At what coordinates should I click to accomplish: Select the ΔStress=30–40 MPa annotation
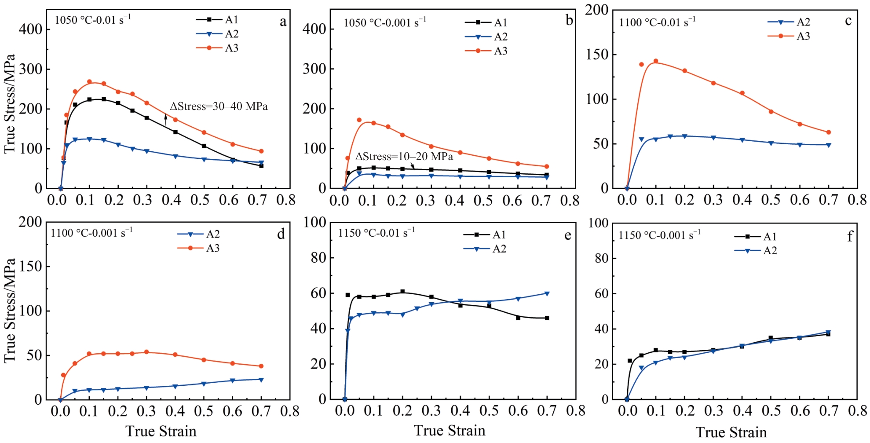[x=219, y=106]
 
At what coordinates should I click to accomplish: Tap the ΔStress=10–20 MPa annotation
[x=404, y=157]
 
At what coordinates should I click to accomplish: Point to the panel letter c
[x=848, y=21]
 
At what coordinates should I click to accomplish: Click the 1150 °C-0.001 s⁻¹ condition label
[x=659, y=235]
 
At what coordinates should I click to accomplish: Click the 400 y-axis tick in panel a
[x=30, y=29]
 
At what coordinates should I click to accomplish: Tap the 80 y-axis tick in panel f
[x=601, y=258]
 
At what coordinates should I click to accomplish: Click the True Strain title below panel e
[x=449, y=430]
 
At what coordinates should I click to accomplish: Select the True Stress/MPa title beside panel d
[x=10, y=311]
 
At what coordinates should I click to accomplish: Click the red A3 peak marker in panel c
[x=655, y=61]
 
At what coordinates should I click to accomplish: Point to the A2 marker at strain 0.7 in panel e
[x=547, y=293]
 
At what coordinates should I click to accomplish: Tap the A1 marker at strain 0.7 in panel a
[x=261, y=166]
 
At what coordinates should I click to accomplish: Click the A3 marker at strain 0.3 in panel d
[x=146, y=352]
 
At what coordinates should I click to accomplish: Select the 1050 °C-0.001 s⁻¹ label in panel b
[x=384, y=22]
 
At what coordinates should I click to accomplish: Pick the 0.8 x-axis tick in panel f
[x=857, y=411]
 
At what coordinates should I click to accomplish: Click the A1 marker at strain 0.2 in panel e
[x=402, y=292]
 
